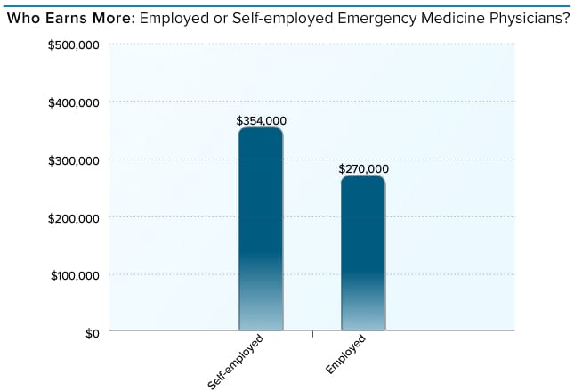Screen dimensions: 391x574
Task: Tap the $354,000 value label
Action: click(261, 120)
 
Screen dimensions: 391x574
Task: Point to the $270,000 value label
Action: click(363, 168)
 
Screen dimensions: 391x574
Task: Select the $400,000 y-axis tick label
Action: click(73, 102)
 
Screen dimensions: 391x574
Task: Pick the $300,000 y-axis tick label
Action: click(73, 159)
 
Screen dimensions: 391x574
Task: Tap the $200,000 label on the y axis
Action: click(73, 217)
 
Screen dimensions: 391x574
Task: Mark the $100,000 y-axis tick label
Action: click(73, 274)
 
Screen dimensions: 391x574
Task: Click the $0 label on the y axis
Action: click(91, 332)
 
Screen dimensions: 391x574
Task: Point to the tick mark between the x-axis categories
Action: click(312, 335)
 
